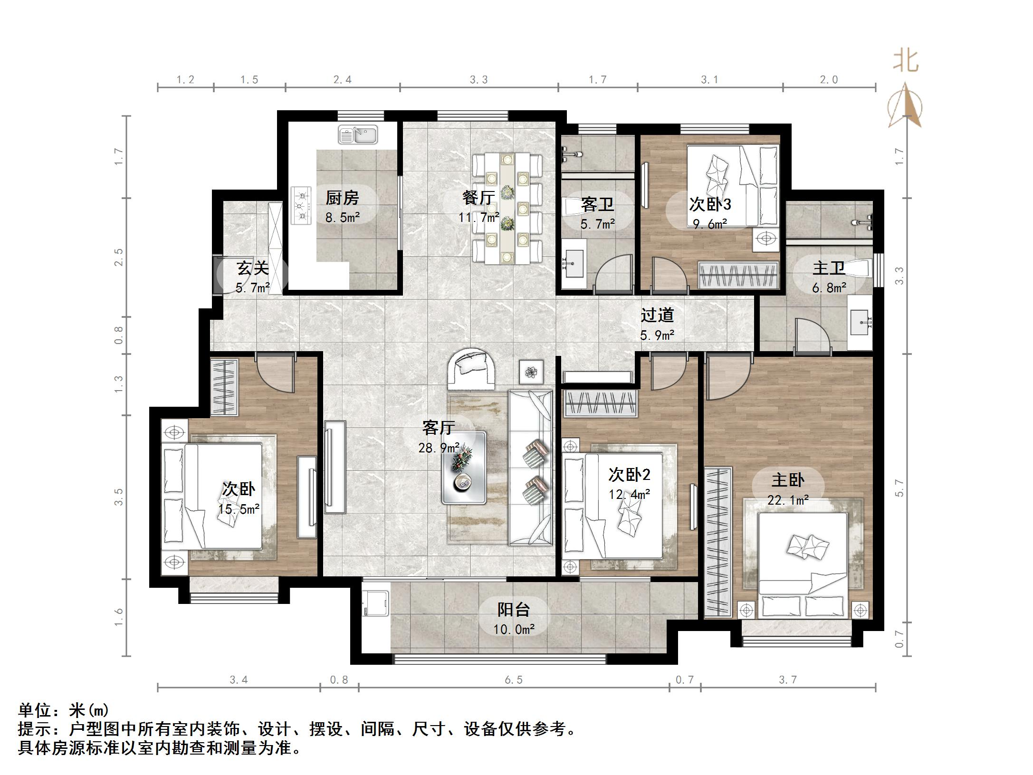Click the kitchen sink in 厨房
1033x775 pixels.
pyautogui.click(x=358, y=135)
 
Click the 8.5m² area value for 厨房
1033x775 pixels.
pyautogui.click(x=343, y=218)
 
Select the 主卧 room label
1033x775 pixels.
pyautogui.click(x=788, y=480)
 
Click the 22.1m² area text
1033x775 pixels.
pyautogui.click(x=788, y=500)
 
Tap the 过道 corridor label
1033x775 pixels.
pyautogui.click(x=657, y=315)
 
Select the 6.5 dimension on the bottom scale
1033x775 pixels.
pyautogui.click(x=513, y=680)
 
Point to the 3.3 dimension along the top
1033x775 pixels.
pyautogui.click(x=478, y=80)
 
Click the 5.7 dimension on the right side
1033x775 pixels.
pyautogui.click(x=899, y=488)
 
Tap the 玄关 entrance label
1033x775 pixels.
pyautogui.click(x=253, y=268)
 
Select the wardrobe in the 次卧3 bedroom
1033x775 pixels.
pyautogui.click(x=738, y=275)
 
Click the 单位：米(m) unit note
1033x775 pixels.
pyautogui.click(x=64, y=710)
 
